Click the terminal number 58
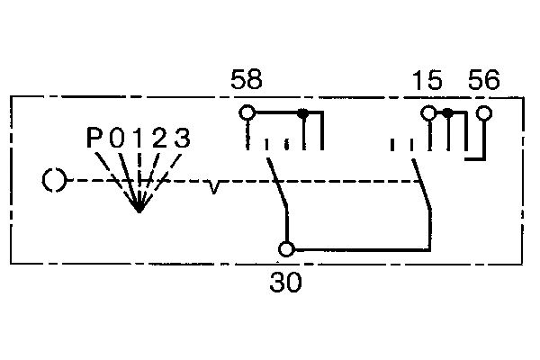tap(247, 79)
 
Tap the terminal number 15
tap(427, 80)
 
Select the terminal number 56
tap(483, 79)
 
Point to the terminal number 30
tap(285, 282)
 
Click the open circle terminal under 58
tap(247, 112)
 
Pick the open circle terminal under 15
tap(428, 112)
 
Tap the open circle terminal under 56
tap(484, 113)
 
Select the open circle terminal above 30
tap(286, 249)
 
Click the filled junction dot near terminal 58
tap(302, 112)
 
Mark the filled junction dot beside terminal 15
tap(447, 112)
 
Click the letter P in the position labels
tap(94, 138)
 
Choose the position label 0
tap(116, 138)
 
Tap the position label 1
tap(139, 138)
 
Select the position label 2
tap(159, 138)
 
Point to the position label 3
tap(182, 138)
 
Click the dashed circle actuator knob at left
tap(54, 180)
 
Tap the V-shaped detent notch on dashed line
tap(213, 187)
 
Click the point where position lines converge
tap(139, 209)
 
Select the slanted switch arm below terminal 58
tap(277, 183)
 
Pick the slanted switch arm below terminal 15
tap(422, 184)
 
